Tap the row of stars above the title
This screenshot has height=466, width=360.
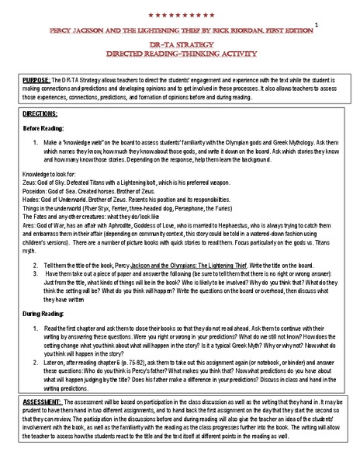click(180, 16)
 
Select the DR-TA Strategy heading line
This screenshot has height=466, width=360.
click(180, 46)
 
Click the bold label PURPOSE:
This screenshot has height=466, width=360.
click(36, 81)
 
